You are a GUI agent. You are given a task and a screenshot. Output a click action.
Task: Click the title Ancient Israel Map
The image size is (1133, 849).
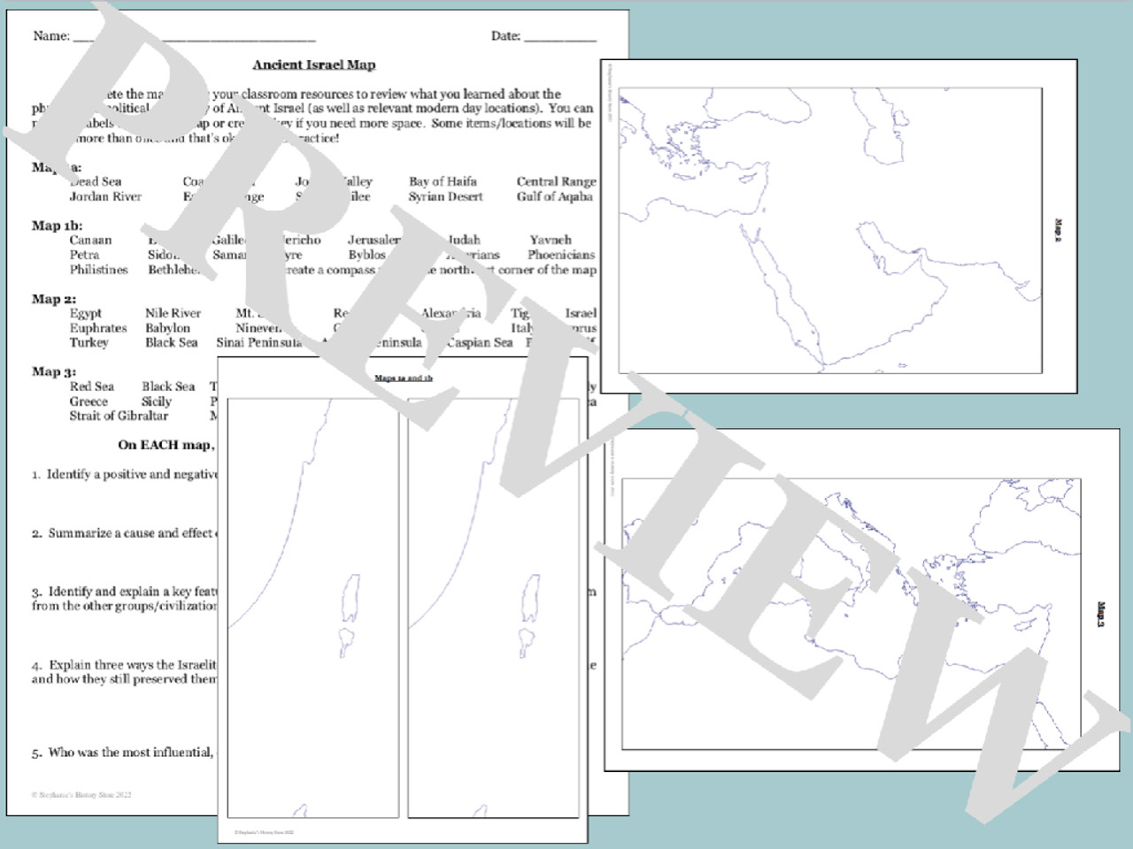tap(313, 65)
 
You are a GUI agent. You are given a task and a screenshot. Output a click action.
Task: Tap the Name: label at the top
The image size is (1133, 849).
tap(51, 36)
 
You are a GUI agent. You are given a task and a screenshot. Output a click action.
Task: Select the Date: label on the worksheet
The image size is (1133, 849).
tap(505, 36)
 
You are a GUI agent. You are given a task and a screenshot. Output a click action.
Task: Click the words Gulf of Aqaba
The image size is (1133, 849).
tap(554, 196)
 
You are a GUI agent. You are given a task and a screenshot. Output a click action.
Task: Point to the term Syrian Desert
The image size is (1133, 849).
tap(445, 196)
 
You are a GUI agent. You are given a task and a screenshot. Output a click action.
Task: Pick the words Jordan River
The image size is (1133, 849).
tap(105, 196)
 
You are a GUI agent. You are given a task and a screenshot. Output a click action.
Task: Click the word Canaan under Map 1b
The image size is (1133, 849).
tap(90, 240)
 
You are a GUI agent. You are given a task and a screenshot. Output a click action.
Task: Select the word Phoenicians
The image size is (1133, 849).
tap(560, 255)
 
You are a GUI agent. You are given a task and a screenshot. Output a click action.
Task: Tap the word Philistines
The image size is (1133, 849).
tap(98, 270)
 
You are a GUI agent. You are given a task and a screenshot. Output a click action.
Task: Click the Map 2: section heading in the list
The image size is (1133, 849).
tap(54, 299)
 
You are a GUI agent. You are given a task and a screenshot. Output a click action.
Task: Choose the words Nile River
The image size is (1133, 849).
tap(173, 313)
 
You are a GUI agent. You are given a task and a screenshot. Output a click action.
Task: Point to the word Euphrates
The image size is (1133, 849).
tap(98, 328)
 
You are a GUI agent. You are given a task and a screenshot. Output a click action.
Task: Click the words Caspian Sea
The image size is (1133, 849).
tap(479, 342)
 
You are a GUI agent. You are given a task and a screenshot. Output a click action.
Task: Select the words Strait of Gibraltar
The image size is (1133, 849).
tap(119, 416)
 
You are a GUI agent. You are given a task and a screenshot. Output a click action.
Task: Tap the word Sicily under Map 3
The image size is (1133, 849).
tap(157, 401)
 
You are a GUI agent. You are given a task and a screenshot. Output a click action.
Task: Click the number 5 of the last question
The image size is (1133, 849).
tap(36, 753)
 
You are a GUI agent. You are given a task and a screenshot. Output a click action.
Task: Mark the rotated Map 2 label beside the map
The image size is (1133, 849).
tap(1059, 230)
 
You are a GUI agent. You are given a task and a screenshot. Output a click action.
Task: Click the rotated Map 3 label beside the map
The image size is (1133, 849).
tap(1101, 615)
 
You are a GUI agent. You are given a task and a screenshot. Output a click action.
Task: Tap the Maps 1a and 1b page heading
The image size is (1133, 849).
tap(403, 378)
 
